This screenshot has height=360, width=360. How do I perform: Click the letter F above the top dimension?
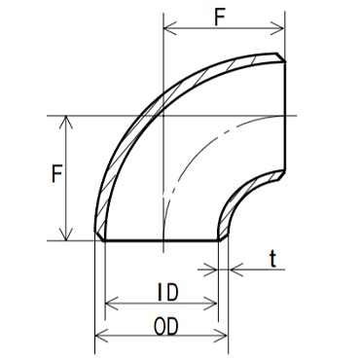tap(220, 18)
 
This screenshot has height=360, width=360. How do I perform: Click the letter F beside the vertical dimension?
tap(56, 174)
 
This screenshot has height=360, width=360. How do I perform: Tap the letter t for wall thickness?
tap(273, 260)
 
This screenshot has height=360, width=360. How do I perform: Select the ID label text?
tap(168, 293)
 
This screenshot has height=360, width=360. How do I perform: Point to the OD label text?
tap(166, 327)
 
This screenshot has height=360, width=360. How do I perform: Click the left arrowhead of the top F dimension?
tap(170, 28)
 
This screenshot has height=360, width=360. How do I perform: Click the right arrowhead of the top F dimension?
tap(278, 28)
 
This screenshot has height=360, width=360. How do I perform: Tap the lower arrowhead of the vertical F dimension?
tap(66, 234)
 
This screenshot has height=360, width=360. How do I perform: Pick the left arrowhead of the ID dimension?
tap(112, 304)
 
